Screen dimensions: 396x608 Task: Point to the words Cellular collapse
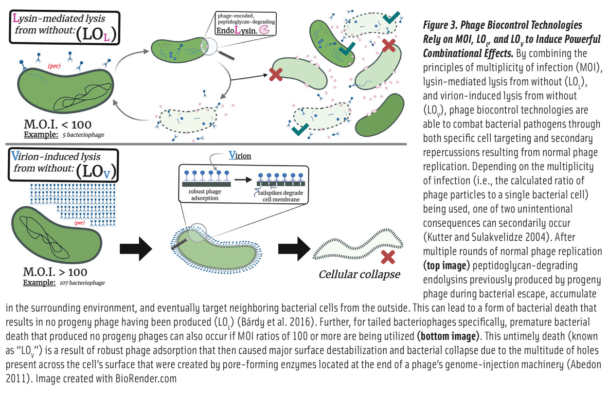tap(359, 274)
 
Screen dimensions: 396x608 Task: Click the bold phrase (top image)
tap(447, 266)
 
